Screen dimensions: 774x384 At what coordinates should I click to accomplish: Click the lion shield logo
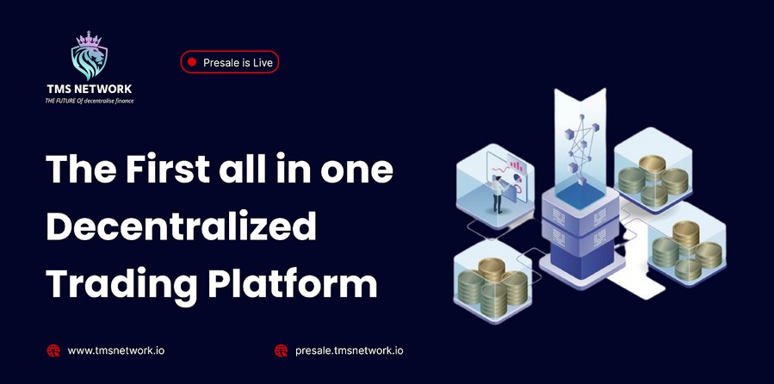(x=89, y=56)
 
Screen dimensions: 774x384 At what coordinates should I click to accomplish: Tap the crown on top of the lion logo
(x=89, y=39)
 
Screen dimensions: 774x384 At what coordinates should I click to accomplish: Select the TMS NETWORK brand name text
(x=90, y=90)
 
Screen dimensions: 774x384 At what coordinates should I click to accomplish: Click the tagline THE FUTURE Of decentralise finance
(x=90, y=101)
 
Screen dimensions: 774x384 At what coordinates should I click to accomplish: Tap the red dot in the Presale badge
(x=193, y=62)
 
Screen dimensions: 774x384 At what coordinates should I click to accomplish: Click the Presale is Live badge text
(x=238, y=63)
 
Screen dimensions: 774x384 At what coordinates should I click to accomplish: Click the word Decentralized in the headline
(x=181, y=226)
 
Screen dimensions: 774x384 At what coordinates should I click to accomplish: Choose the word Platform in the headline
(x=292, y=283)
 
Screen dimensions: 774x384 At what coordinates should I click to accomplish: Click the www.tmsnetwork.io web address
(x=116, y=351)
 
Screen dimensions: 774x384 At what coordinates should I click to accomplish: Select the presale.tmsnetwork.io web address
(x=349, y=351)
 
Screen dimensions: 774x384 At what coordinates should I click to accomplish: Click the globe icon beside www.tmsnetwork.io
(x=53, y=351)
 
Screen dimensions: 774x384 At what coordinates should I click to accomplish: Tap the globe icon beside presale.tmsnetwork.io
(x=281, y=351)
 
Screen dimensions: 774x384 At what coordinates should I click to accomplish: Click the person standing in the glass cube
(x=497, y=194)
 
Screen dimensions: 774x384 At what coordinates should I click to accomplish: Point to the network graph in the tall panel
(x=580, y=147)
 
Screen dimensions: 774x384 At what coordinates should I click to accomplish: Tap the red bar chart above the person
(x=516, y=165)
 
